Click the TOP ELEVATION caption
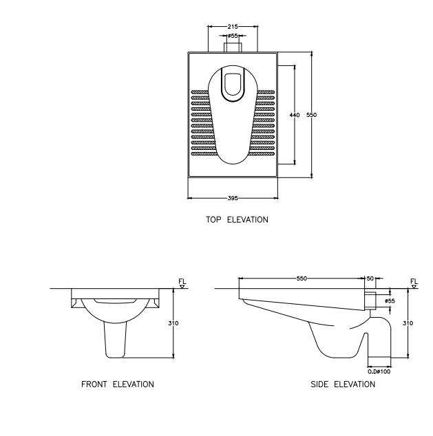(x=237, y=220)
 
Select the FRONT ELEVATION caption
(x=117, y=384)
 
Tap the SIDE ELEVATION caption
(x=344, y=384)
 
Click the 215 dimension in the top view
(x=233, y=27)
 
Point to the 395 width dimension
(x=233, y=198)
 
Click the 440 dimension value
(x=295, y=115)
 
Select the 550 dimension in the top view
(x=311, y=115)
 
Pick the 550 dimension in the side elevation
(x=302, y=279)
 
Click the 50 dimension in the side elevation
(x=370, y=279)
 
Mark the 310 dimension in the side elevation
(x=407, y=323)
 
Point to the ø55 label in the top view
(x=233, y=35)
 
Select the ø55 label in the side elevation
(x=390, y=301)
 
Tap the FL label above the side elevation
(x=414, y=281)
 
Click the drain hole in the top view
(x=233, y=83)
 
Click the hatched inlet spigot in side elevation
(x=371, y=301)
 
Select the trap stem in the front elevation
(x=115, y=340)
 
